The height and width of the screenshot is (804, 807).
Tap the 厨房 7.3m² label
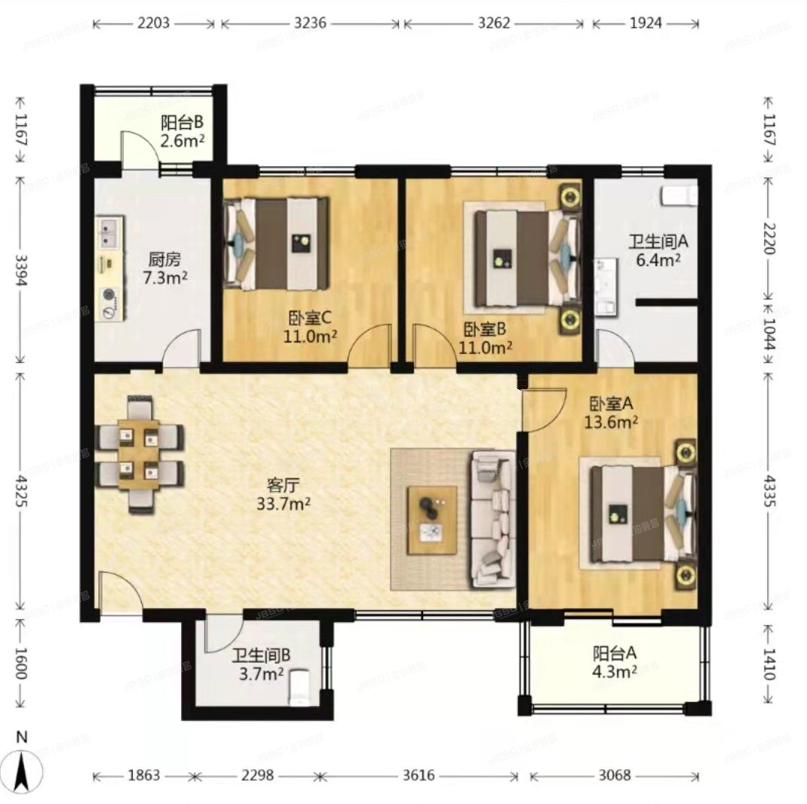point(166,269)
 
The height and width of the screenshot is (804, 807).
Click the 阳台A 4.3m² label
point(613,662)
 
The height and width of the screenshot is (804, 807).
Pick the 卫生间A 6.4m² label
point(655,250)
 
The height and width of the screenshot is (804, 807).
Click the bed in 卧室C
point(279,243)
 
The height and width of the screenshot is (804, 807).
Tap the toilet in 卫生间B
point(300,686)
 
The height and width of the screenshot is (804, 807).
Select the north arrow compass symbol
point(23,766)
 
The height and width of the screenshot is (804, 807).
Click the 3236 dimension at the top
point(310,23)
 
